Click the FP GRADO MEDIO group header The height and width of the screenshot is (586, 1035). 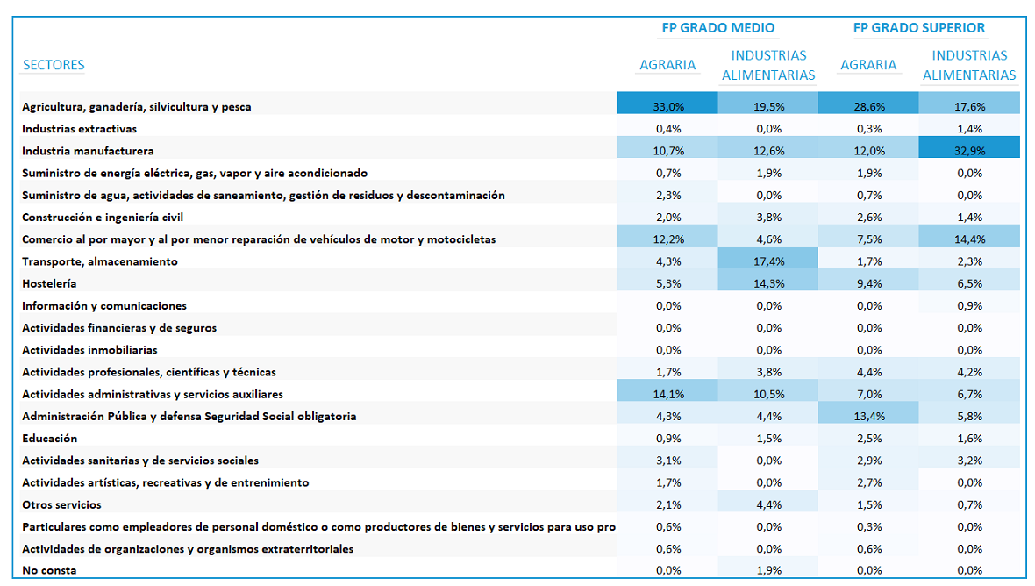718,28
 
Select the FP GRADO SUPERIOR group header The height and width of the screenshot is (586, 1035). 919,28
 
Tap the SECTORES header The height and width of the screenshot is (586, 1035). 54,65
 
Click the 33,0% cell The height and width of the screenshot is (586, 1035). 668,106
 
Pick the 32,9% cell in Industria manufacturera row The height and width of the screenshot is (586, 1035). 969,151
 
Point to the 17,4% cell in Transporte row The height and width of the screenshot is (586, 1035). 768,261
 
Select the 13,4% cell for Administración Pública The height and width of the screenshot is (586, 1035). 868,416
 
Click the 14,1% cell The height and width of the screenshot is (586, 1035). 668,394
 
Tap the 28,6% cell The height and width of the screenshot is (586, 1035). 868,106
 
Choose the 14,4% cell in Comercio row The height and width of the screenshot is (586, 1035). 969,239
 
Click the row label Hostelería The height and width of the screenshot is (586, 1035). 49,283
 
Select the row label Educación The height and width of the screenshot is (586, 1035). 49,438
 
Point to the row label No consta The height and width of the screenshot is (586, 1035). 49,570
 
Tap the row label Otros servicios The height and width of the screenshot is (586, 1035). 61,504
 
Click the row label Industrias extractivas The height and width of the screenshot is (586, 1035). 79,129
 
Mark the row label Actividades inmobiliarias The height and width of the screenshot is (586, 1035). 89,350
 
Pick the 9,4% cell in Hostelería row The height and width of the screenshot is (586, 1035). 868,283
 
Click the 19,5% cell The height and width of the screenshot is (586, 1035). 768,106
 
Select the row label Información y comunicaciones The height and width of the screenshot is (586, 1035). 104,305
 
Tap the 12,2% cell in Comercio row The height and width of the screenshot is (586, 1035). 668,239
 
